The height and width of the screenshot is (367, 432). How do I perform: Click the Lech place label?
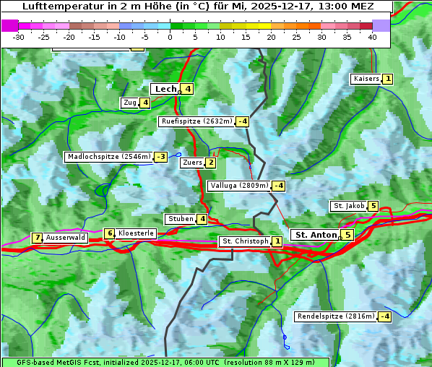pos(165,89)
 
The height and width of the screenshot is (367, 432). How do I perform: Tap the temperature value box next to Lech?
pos(187,89)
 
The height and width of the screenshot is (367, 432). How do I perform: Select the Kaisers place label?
pos(366,79)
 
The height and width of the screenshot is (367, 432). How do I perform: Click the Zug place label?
pos(130,103)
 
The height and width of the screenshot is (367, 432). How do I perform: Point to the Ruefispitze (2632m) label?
pos(196,121)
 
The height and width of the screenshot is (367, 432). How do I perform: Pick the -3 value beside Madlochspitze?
pos(160,157)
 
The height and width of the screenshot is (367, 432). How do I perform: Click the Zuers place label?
pos(192,163)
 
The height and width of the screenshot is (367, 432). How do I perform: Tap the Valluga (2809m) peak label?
pos(239,186)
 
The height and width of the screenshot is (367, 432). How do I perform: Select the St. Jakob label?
pos(348,206)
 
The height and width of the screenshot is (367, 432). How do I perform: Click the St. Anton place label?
pos(316,235)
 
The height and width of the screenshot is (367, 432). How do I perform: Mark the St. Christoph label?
pos(245,241)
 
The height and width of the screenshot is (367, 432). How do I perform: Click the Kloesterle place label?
pos(136,233)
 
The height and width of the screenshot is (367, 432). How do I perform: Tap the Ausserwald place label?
pos(66,238)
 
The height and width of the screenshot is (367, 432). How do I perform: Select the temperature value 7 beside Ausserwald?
pos(37,238)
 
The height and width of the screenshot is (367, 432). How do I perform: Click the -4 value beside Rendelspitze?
pos(385,316)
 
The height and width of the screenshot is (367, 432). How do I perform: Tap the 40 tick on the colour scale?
pos(372,36)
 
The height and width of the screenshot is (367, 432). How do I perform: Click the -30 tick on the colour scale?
pos(19,36)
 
